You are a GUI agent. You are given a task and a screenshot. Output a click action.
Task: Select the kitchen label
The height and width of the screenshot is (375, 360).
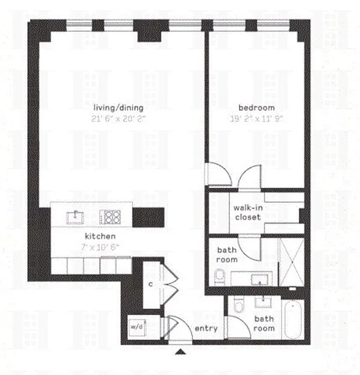[100, 237]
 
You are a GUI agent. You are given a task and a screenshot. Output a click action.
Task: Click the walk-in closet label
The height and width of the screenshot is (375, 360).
[247, 212]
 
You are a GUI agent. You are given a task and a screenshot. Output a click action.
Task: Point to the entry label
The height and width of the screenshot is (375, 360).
[206, 328]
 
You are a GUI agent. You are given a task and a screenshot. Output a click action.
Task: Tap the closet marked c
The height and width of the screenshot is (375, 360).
[151, 285]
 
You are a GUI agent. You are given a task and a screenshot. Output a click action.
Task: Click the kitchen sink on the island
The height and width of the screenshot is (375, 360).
[75, 217]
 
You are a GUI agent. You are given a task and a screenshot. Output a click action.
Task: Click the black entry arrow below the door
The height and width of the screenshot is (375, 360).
[181, 351]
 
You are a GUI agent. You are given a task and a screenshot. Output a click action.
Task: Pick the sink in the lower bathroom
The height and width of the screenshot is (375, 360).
[261, 301]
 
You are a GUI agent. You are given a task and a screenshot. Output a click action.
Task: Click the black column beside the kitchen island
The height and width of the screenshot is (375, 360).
[148, 217]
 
